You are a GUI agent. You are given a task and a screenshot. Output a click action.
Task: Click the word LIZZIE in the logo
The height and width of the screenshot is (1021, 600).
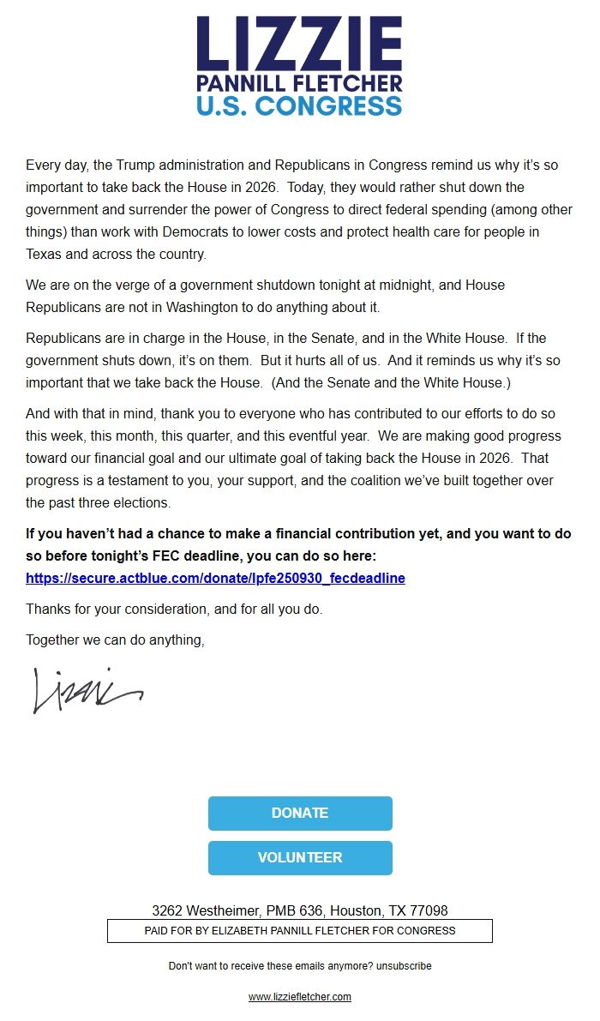[x=299, y=45]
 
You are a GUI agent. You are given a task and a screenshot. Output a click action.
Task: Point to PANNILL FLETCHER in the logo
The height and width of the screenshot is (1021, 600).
[x=299, y=84]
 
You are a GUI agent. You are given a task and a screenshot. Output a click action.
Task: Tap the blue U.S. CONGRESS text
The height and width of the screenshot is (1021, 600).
[x=299, y=106]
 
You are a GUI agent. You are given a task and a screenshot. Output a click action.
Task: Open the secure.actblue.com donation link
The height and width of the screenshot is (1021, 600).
[x=215, y=578]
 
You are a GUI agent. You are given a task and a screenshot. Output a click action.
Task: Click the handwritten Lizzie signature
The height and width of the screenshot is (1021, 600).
[x=86, y=689]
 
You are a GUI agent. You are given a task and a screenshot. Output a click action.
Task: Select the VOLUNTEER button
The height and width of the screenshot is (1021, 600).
[x=300, y=858]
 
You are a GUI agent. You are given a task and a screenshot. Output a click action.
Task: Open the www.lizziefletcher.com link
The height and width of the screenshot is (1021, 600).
[x=299, y=997]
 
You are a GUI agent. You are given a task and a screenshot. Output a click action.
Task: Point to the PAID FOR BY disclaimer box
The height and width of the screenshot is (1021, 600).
[x=299, y=931]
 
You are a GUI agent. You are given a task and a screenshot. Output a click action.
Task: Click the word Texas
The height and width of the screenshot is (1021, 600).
[x=45, y=255]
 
